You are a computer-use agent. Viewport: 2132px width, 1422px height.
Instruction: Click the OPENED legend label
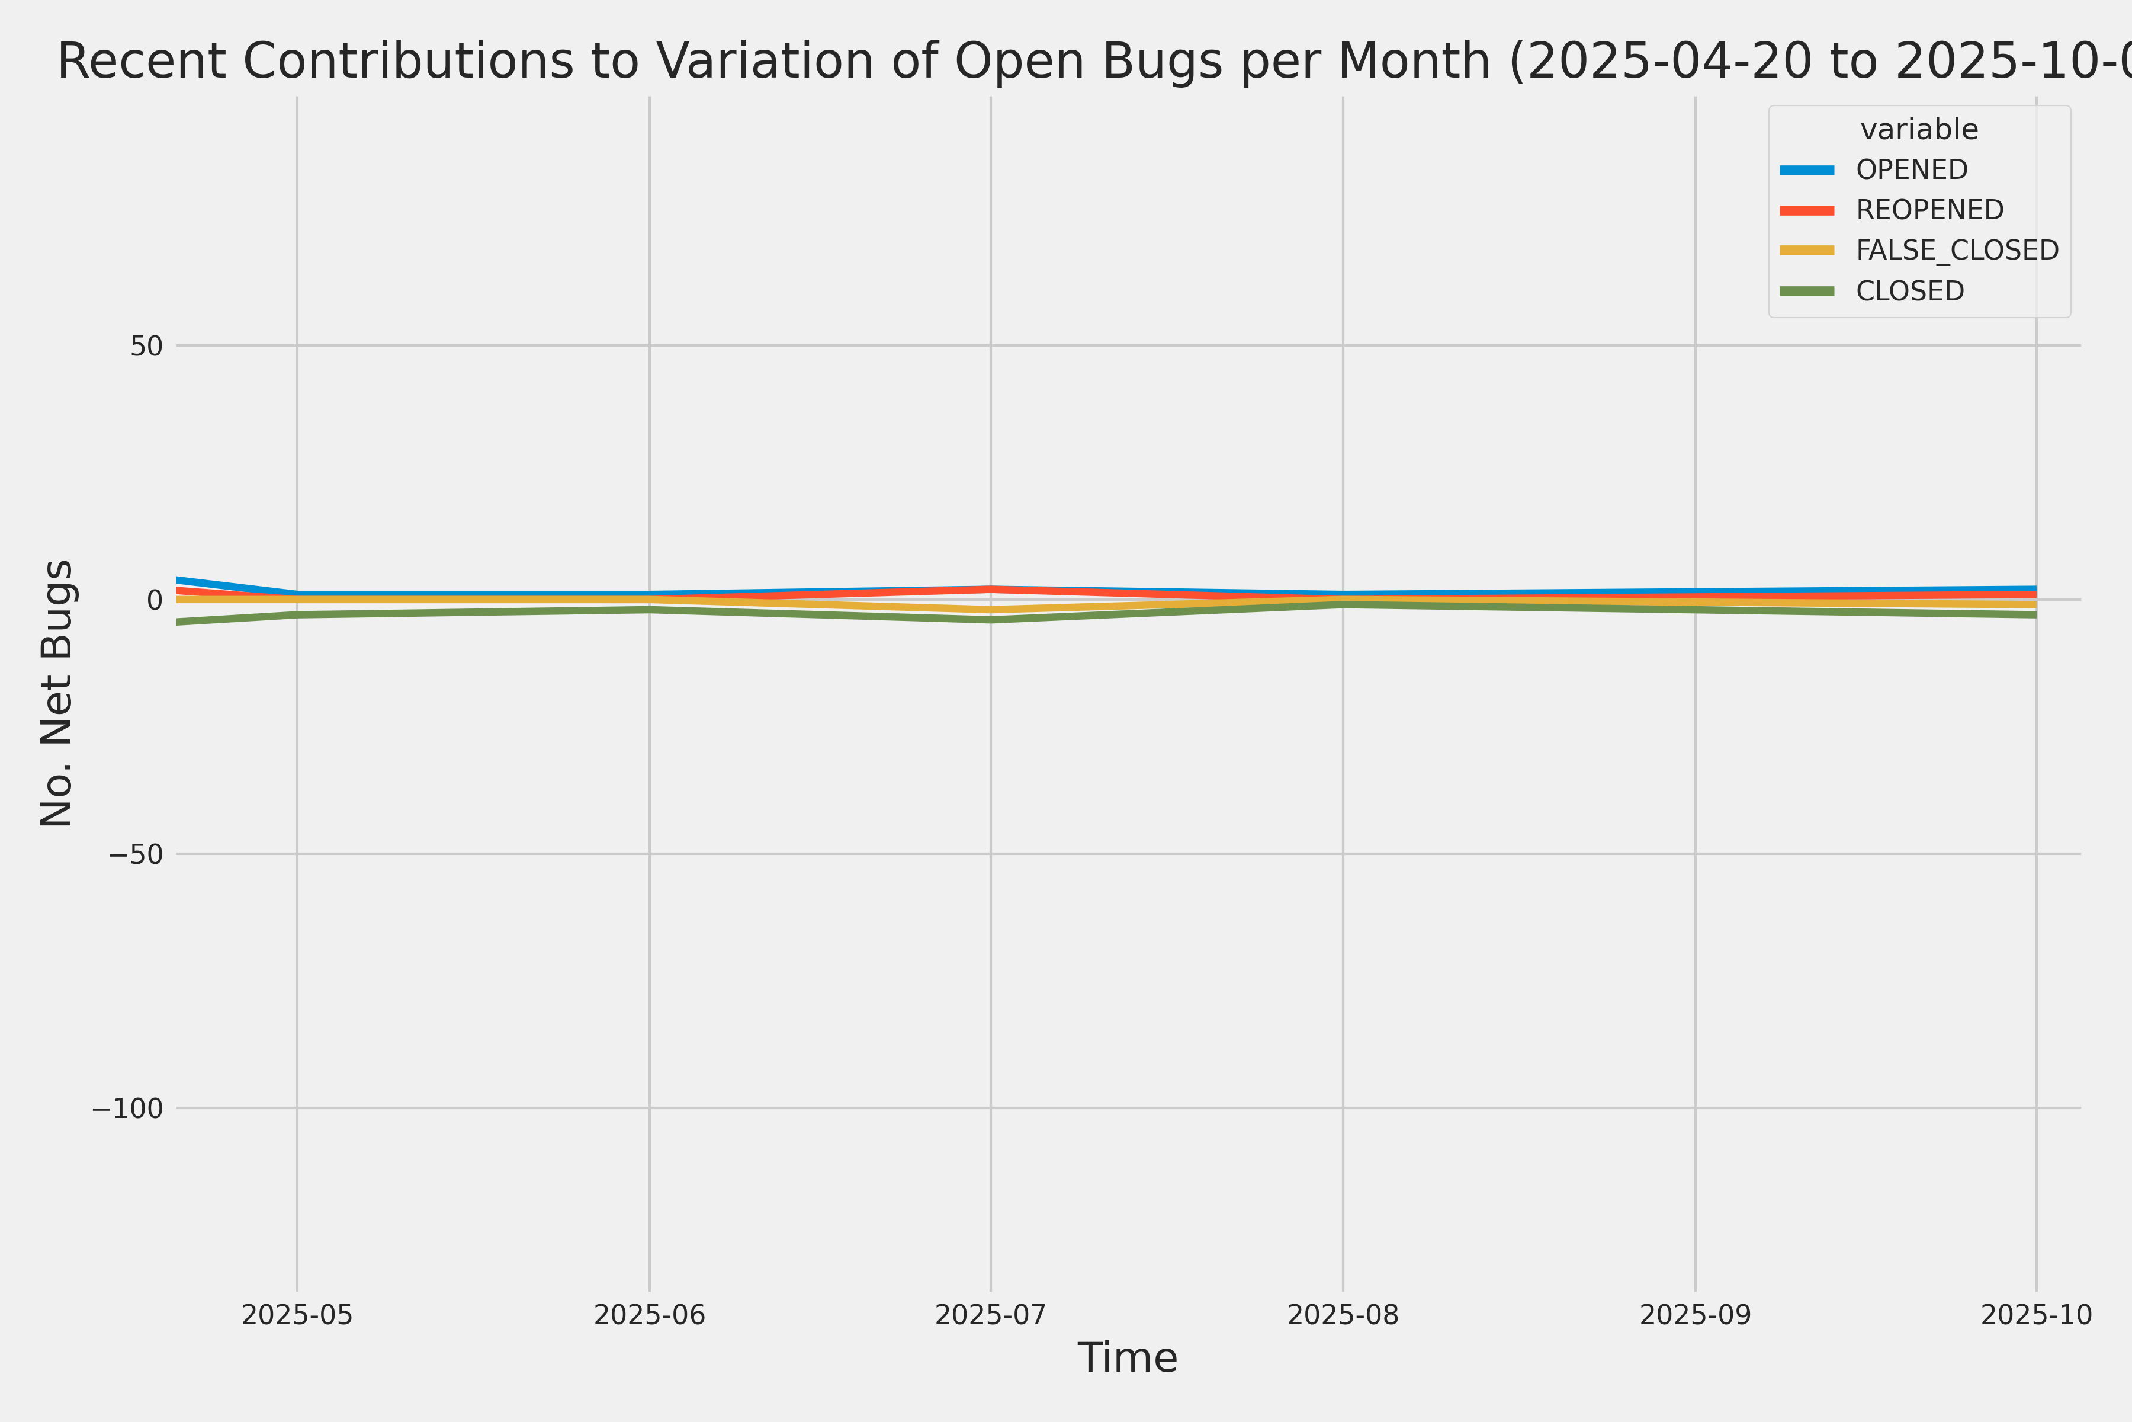(x=1912, y=169)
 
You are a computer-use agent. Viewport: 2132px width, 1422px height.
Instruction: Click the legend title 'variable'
(x=1919, y=130)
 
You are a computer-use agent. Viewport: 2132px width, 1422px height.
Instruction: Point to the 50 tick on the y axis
(x=146, y=345)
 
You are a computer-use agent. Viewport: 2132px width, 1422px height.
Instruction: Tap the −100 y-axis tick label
(x=127, y=1108)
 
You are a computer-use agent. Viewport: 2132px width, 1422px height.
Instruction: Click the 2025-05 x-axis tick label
(x=297, y=1315)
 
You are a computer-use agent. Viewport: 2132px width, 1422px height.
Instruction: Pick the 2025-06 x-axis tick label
(x=649, y=1315)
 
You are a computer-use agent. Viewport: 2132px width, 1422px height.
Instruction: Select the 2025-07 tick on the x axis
(x=991, y=1315)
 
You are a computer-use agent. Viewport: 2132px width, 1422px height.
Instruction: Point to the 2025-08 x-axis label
(x=1343, y=1315)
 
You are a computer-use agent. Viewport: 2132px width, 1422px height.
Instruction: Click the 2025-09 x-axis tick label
(x=1695, y=1315)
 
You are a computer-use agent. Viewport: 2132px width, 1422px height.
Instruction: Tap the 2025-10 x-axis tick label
(x=2036, y=1315)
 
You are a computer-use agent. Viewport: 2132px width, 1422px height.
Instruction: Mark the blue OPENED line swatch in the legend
(x=1807, y=169)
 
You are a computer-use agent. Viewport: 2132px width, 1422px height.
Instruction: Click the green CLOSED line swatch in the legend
(x=1807, y=291)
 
